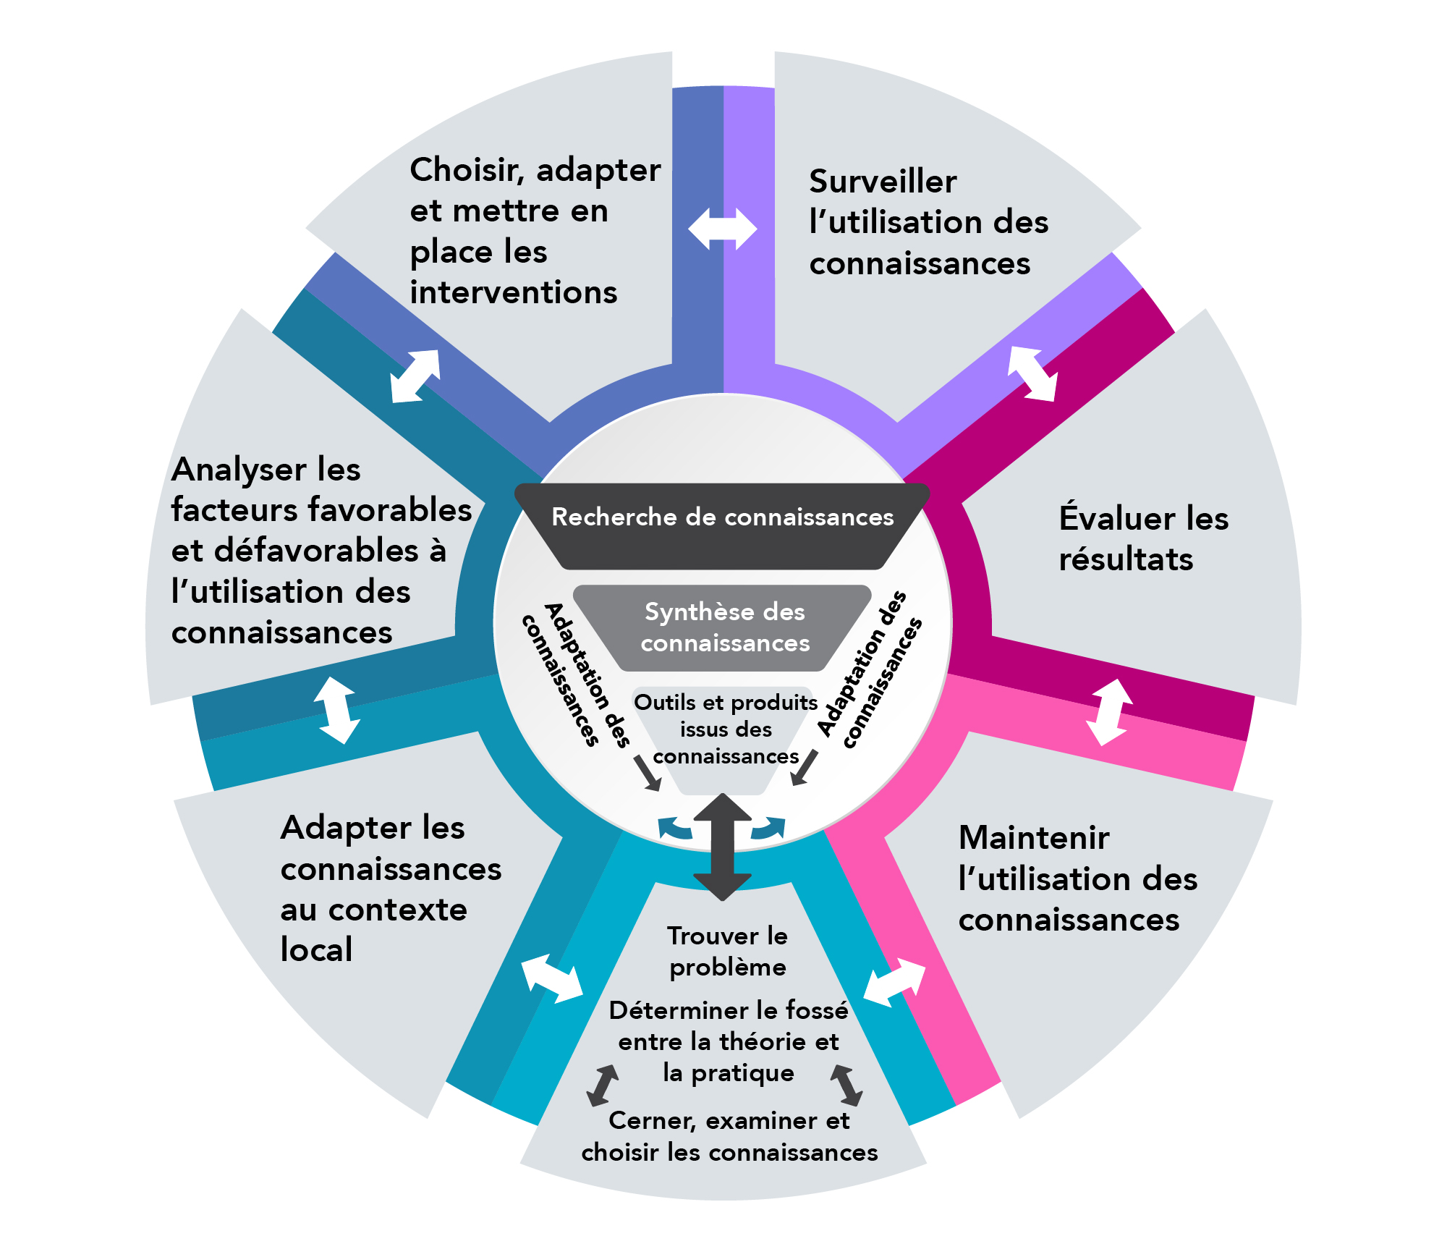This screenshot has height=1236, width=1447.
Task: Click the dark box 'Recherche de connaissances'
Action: tap(722, 517)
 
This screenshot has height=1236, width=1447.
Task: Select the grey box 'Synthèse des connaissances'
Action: tap(724, 627)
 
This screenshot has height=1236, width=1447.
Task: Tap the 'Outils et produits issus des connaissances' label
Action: tap(726, 729)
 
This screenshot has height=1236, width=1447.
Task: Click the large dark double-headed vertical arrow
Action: tap(722, 847)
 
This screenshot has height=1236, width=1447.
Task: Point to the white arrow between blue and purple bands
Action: tap(722, 229)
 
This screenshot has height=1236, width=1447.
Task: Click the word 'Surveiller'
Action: tap(883, 182)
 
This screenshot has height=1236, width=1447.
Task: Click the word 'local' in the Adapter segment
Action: tap(316, 950)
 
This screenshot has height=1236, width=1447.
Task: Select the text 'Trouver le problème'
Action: tap(727, 952)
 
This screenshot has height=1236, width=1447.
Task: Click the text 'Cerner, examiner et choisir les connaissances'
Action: tap(729, 1136)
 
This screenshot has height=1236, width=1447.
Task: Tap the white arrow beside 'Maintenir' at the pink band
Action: tap(894, 982)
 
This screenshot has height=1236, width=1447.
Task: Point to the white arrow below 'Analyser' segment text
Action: tap(337, 710)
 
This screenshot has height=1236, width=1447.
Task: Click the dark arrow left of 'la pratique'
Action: tap(602, 1085)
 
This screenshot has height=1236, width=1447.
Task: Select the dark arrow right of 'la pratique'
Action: tap(846, 1085)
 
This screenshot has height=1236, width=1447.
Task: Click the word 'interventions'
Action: tap(513, 293)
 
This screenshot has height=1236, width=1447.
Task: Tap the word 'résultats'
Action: tap(1126, 560)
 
